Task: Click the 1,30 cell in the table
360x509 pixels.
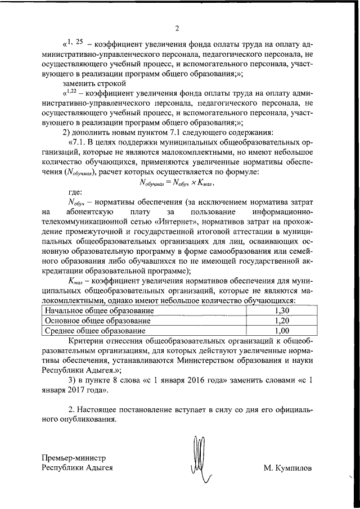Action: [283, 310]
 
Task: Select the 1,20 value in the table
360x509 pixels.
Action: [283, 321]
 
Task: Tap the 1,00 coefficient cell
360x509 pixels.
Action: [283, 331]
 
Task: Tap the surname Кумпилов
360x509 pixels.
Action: [292, 468]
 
